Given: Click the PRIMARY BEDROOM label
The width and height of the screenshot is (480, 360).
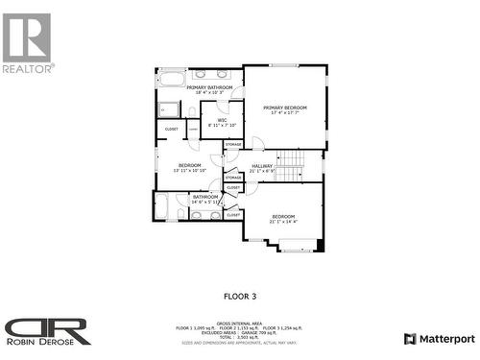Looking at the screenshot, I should (285, 108).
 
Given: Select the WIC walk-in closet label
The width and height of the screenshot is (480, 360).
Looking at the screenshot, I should (222, 119).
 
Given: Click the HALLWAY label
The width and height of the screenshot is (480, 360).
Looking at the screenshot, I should (261, 165).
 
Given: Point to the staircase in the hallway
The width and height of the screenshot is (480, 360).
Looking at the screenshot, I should (290, 165).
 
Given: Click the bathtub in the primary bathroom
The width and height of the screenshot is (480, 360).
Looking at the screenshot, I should (172, 78).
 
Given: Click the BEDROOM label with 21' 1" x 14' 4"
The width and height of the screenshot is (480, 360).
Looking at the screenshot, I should (283, 217).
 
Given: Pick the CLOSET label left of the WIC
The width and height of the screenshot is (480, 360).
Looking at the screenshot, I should (171, 129).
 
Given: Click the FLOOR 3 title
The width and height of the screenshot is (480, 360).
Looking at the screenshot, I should (240, 297).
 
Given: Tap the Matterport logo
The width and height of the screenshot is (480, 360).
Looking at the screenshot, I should (439, 339).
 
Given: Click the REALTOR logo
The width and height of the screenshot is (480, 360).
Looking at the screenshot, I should (27, 43).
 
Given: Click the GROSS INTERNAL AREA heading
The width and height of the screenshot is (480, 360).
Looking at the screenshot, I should (239, 323).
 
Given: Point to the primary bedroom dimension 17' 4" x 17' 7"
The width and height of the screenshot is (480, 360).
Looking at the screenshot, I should (285, 113).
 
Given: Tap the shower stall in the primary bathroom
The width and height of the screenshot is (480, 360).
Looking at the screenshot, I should (168, 108).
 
